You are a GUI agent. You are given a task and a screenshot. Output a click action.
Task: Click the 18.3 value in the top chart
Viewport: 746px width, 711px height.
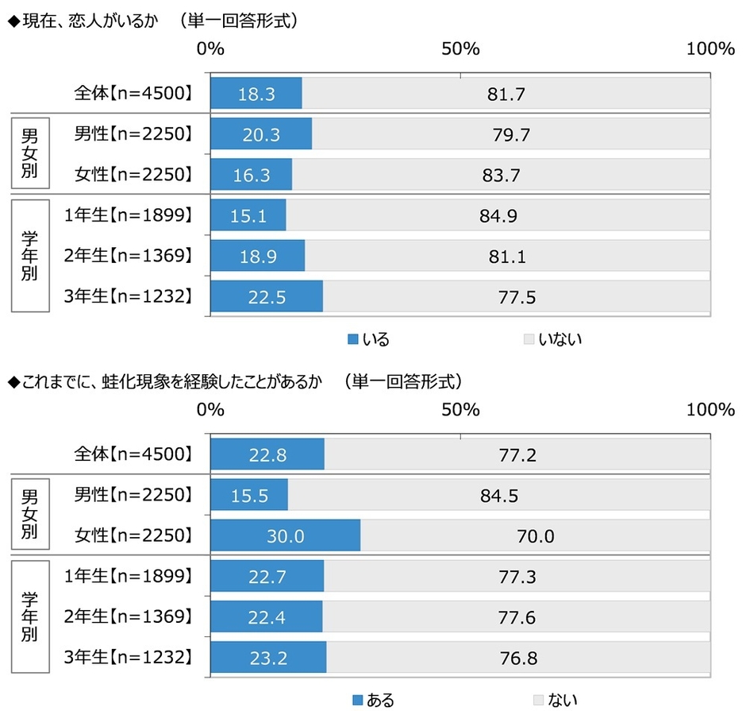coord(256,94)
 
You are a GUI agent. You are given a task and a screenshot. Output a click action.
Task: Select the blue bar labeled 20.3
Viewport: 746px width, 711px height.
coord(261,134)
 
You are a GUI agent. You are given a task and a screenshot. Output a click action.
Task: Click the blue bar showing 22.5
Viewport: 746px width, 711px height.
coord(267,297)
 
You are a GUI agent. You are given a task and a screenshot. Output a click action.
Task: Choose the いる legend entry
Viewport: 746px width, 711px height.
coord(369,339)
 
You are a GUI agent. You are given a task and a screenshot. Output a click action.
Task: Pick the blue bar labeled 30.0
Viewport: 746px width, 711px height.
coord(285,536)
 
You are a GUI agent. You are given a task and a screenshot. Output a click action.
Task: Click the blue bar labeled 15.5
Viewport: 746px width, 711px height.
coord(249,496)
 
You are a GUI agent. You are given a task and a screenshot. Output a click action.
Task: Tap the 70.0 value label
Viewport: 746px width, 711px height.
coord(536,536)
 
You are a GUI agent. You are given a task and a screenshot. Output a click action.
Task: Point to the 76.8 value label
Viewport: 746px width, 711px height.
coord(519,658)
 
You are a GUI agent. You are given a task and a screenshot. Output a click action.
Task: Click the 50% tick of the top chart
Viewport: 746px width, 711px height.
coord(460,48)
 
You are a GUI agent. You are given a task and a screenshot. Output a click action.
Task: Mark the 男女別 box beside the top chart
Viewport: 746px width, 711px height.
coord(29,154)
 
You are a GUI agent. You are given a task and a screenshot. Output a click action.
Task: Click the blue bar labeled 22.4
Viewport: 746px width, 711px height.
coord(267,616)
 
